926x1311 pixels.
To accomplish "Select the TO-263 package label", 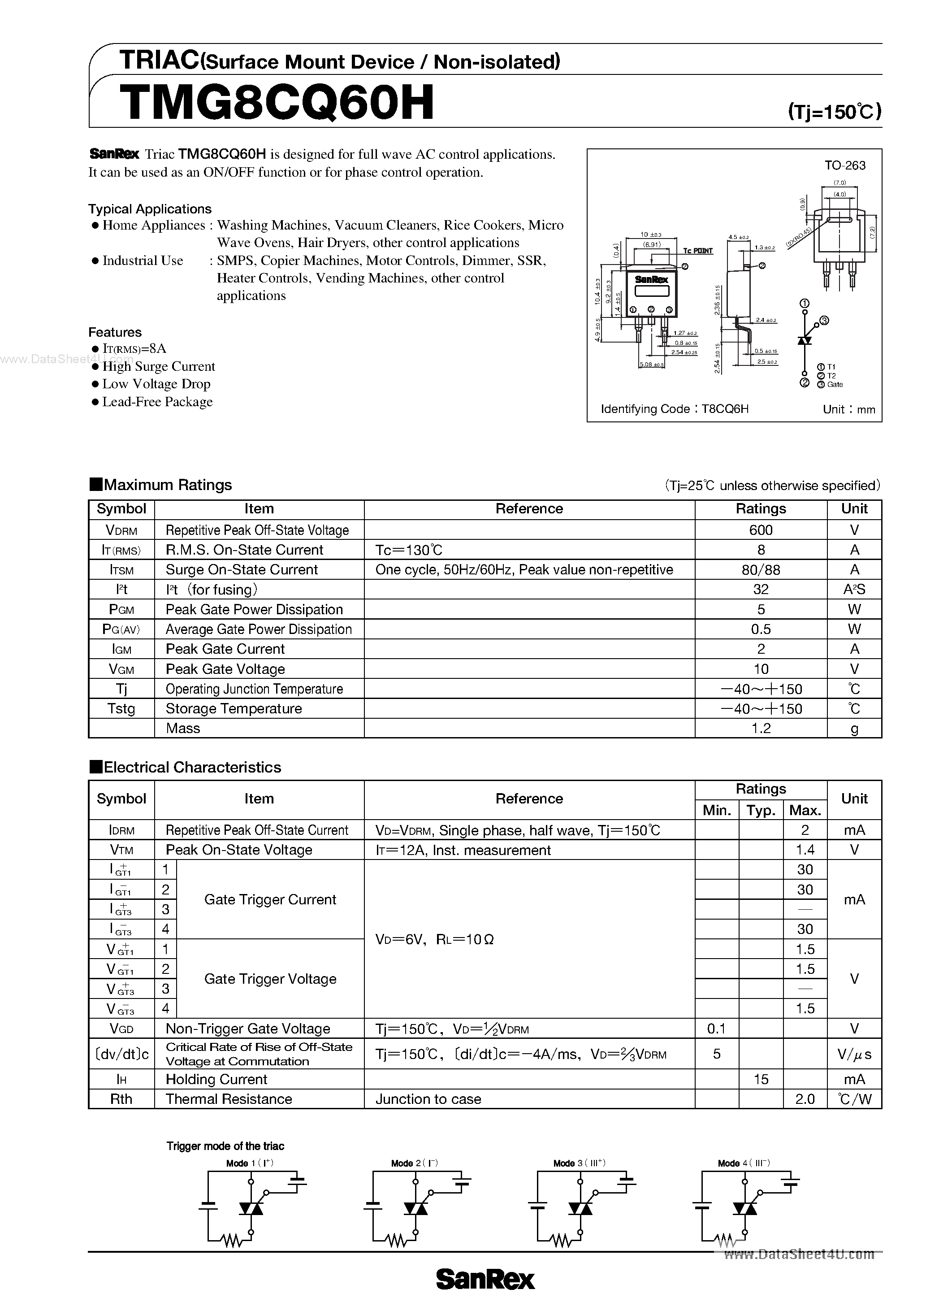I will [x=844, y=165].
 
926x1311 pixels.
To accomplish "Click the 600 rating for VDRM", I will [x=761, y=530].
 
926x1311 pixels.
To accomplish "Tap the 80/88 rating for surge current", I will [x=761, y=570].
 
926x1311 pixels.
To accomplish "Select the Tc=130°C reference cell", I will [x=409, y=550].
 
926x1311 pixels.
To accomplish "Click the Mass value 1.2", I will [x=761, y=728].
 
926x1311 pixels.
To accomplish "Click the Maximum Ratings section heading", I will [x=167, y=485].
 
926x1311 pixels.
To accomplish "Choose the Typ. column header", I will [x=761, y=810].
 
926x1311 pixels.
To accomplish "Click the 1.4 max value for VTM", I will [x=805, y=850].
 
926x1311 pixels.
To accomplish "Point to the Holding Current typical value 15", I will [x=761, y=1079].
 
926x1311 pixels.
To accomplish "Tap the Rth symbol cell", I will [x=121, y=1099].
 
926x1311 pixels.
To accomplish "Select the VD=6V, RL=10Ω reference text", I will [x=434, y=939].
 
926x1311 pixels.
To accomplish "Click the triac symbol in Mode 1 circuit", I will [x=251, y=1208].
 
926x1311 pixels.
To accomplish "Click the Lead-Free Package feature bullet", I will [x=157, y=402].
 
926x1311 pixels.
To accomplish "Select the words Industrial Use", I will [x=143, y=261].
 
